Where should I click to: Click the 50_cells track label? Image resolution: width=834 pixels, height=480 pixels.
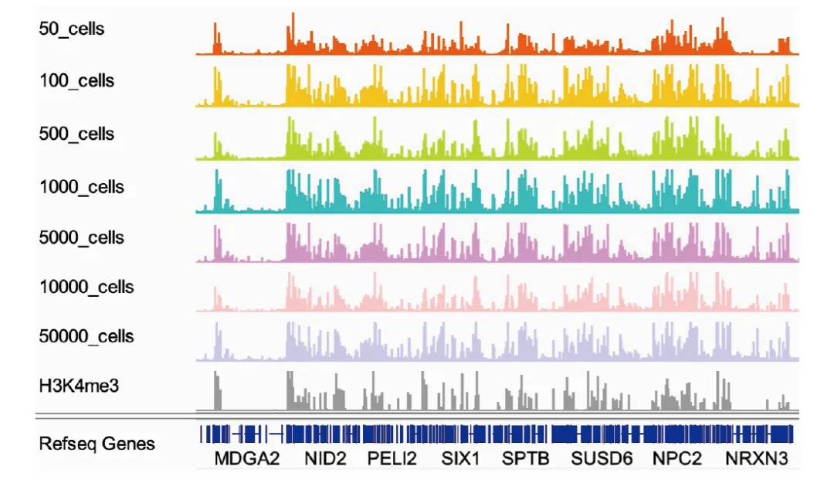point(72,29)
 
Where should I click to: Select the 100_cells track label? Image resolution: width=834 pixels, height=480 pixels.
point(76,80)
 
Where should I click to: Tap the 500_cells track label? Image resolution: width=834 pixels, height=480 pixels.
point(76,134)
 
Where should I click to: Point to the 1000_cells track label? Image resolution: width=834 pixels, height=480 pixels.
point(81,187)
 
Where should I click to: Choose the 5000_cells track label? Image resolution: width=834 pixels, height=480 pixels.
point(81,237)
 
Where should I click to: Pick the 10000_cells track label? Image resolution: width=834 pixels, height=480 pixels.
point(86,287)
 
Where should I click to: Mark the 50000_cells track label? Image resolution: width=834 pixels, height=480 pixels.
point(86,336)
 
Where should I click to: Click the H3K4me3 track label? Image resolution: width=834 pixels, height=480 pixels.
point(79,385)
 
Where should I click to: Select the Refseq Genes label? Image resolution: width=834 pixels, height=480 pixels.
point(97,444)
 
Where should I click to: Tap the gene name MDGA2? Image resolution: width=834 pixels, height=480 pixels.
point(246,459)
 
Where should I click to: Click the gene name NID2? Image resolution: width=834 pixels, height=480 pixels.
point(324,459)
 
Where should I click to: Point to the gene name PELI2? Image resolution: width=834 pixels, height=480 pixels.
point(392,459)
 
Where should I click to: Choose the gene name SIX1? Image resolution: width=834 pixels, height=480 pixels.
point(460,459)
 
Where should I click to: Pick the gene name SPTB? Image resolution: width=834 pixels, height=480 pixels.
point(526,459)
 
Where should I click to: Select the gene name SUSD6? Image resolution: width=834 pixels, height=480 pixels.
point(602,459)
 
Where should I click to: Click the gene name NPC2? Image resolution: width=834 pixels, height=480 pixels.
point(677,459)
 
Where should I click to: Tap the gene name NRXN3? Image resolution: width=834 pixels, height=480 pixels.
point(756,459)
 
